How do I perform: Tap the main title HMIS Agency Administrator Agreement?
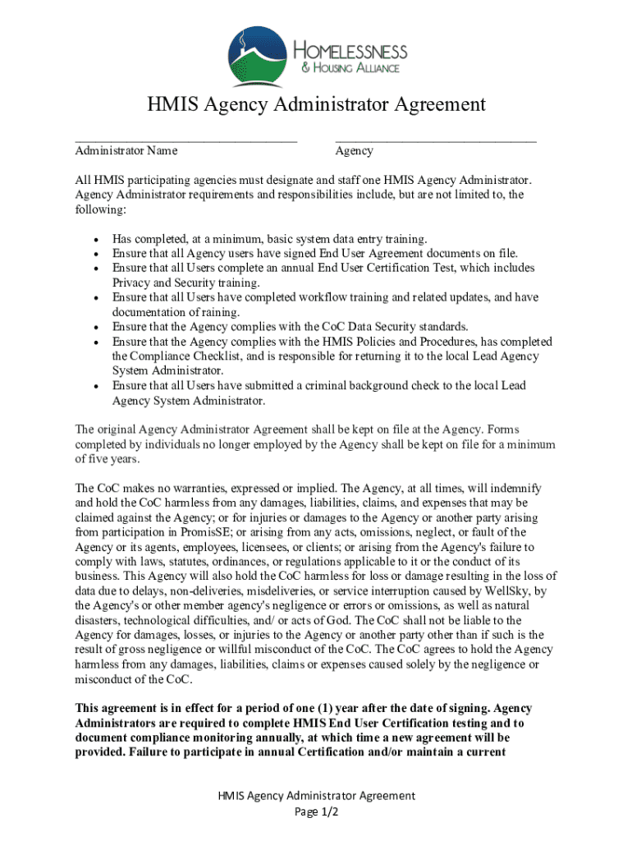[x=316, y=105]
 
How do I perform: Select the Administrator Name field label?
[x=126, y=151]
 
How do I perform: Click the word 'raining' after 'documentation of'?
[x=222, y=312]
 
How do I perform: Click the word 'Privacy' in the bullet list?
[x=132, y=283]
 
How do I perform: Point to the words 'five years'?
[x=115, y=460]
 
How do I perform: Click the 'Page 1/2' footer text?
[x=316, y=811]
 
